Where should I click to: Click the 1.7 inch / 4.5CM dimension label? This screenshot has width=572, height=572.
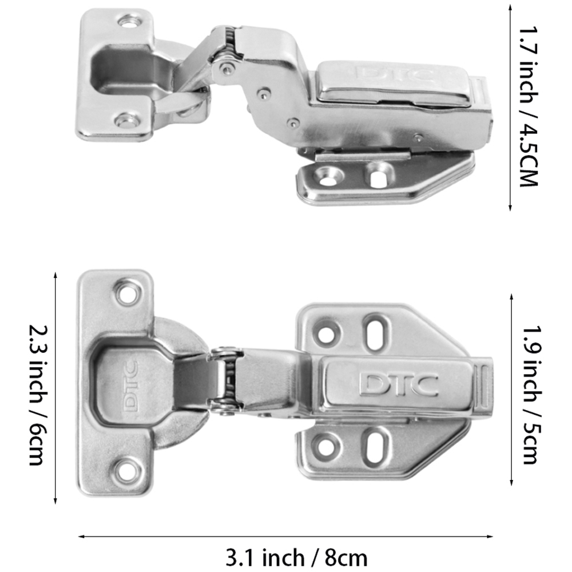click(529, 106)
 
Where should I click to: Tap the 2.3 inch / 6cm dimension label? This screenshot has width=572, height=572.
click(38, 395)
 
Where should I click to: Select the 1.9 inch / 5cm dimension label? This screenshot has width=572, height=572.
click(532, 394)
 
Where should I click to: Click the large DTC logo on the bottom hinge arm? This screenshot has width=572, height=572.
click(398, 384)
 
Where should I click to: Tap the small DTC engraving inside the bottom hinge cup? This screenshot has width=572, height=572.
click(130, 386)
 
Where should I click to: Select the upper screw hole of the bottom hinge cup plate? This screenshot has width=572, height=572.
click(128, 293)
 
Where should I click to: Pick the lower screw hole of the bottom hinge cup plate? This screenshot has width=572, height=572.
click(127, 471)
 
